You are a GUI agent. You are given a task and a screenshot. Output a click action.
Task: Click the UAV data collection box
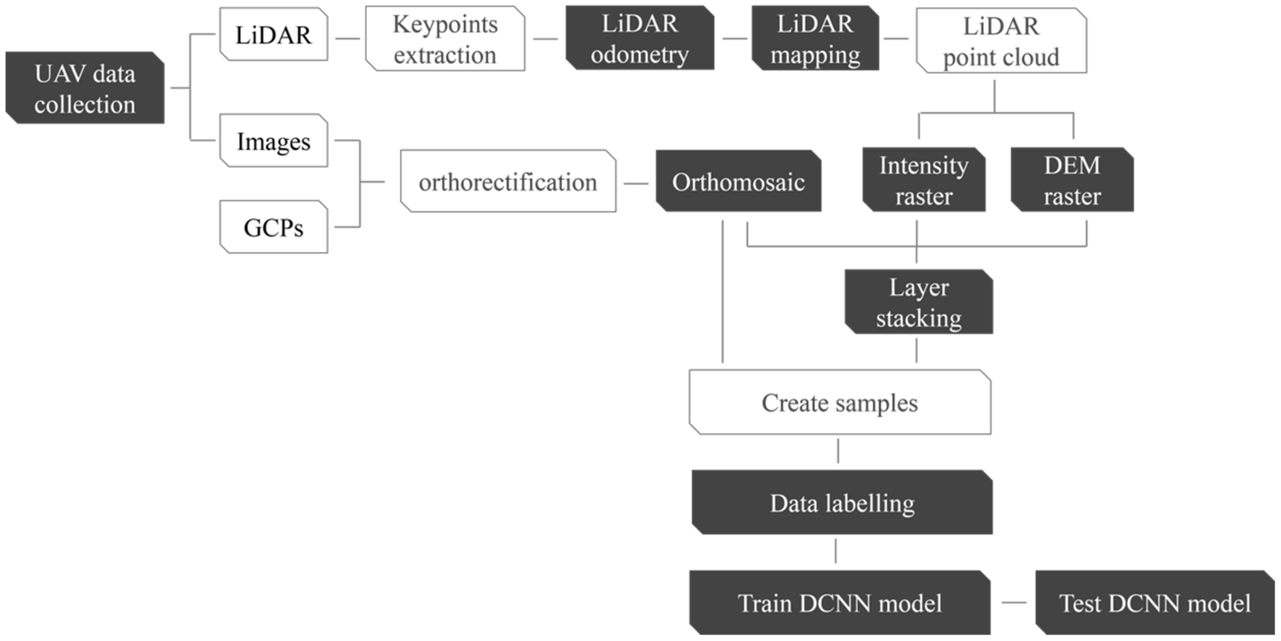84,88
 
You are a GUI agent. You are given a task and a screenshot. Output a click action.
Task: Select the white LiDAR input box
274,34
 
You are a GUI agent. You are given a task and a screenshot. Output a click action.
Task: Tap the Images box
274,141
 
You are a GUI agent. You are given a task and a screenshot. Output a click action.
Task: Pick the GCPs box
274,227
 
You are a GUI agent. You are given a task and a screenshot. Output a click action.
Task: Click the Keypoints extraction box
445,39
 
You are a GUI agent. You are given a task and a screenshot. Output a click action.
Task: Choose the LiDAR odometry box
640,38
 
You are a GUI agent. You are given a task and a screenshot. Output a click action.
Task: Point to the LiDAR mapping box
815,38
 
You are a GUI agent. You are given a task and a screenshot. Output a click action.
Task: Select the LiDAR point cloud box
1001,41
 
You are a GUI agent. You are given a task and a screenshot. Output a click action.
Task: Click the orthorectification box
508,182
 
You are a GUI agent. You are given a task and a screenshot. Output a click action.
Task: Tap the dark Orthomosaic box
738,182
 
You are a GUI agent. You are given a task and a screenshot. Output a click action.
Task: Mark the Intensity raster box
923,180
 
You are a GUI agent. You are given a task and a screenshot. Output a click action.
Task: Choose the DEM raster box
1072,180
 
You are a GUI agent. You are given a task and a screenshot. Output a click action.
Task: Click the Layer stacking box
918,302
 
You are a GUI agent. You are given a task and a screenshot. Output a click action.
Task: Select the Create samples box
839,402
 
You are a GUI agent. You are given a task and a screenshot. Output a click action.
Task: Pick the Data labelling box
842,503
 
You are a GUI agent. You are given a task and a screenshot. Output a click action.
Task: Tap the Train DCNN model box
839,603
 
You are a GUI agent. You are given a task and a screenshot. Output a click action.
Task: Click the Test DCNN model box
1155,603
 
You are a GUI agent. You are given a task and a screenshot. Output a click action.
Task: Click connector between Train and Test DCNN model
1013,603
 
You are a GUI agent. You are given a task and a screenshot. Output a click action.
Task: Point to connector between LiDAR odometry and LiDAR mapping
735,38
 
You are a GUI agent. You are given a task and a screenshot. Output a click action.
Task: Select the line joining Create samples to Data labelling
839,451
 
